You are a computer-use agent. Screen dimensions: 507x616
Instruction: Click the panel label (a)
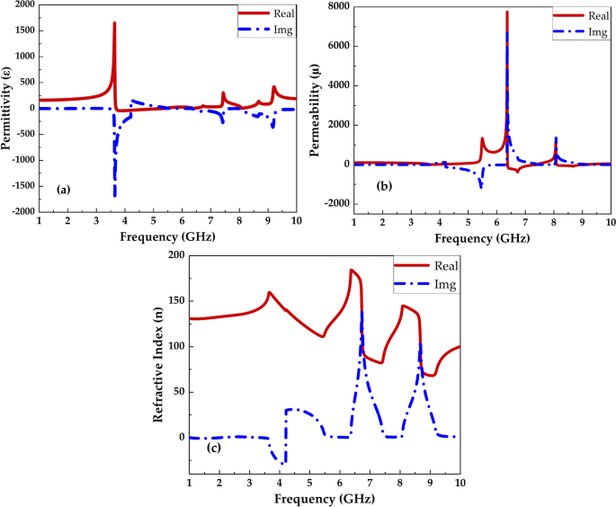tap(63, 190)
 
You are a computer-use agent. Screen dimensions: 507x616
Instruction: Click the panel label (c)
tap(213, 448)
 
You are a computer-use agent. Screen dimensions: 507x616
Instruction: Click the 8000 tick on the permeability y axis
tap(340, 7)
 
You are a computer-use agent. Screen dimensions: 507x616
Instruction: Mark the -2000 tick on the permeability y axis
tap(336, 204)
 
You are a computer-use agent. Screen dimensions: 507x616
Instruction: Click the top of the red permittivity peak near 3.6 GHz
tap(114, 23)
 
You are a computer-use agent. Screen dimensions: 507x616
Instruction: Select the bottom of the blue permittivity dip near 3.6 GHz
tap(114, 195)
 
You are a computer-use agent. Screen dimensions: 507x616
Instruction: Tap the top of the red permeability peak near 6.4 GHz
tap(506, 13)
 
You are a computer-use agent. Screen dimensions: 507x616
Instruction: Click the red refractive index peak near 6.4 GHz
tap(352, 270)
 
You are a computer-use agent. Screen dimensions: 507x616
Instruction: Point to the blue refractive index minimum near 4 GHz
tap(284, 463)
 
